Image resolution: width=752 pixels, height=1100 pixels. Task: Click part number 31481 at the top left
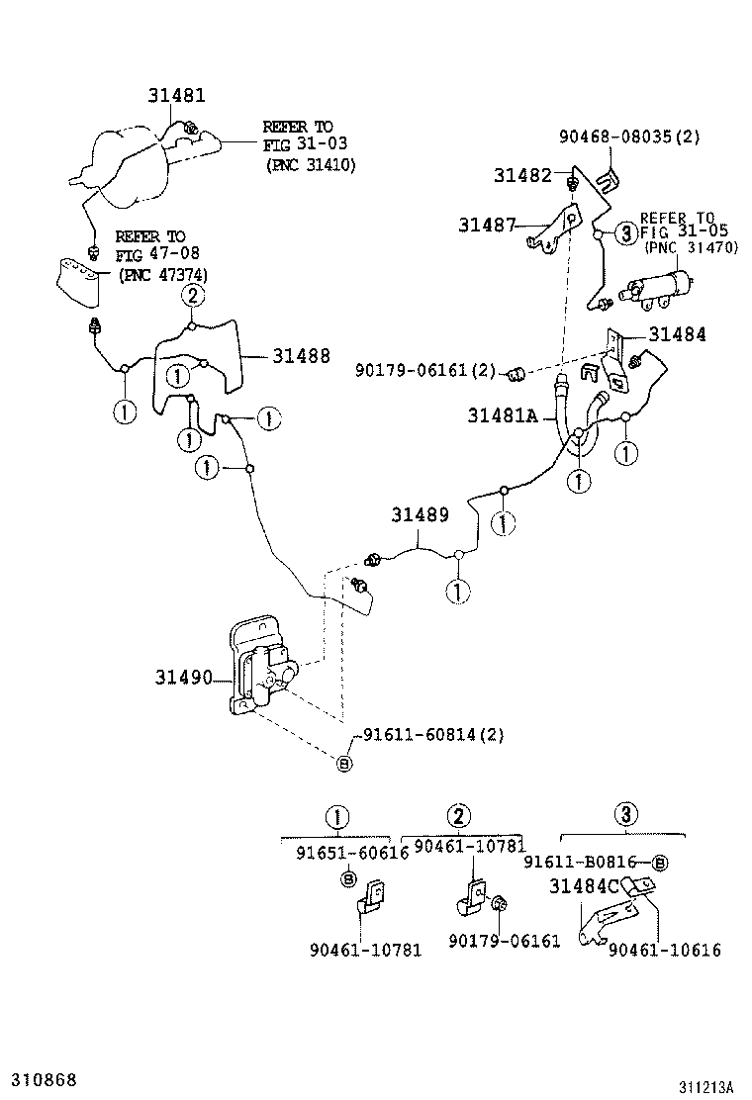pos(177,96)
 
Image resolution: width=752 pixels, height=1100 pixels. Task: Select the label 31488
pos(301,356)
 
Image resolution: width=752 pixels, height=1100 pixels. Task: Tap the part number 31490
pos(183,678)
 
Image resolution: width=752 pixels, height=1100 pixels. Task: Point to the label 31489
pos(420,515)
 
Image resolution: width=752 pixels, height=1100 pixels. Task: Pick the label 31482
pos(522,175)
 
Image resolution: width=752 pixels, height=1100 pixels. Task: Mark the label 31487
pos(487,225)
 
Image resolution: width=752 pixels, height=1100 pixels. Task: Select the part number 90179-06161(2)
pos(424,370)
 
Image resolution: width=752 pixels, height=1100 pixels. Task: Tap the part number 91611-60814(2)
pos(433,735)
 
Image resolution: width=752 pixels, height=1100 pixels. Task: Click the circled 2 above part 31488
pos(193,295)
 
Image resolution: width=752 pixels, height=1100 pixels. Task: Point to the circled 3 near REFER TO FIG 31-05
pos(625,233)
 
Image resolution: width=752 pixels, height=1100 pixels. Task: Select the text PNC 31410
pos(310,165)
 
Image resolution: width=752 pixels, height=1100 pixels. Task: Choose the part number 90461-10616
pos(664,950)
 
